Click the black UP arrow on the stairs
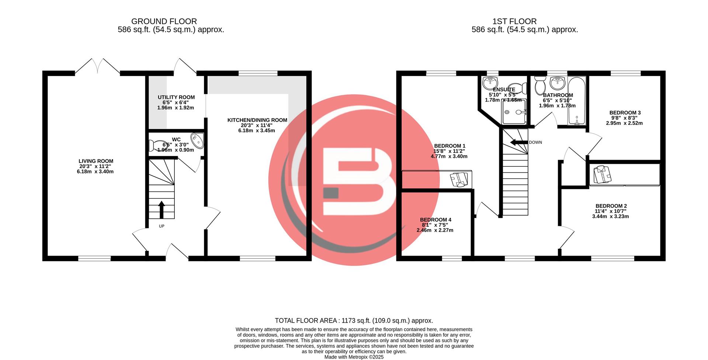tap(162, 210)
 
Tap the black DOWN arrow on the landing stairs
tap(518, 142)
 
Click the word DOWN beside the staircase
tap(535, 142)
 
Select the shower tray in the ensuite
tap(514, 112)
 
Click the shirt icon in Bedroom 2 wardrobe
tap(602, 174)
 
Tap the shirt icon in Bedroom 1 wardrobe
tap(458, 180)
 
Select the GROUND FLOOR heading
tap(164, 21)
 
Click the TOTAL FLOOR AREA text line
tap(354, 321)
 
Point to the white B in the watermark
tap(354, 181)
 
